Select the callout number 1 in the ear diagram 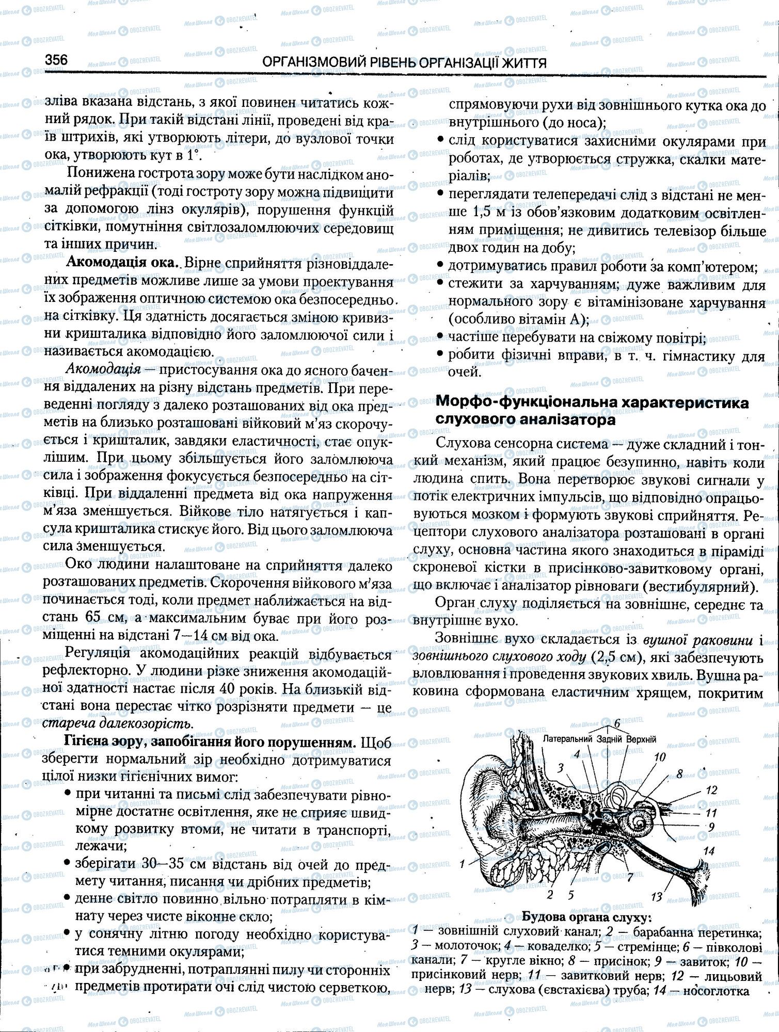click(462, 863)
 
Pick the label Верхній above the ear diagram click(641, 739)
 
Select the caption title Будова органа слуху click(586, 918)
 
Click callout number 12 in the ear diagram click(711, 790)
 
